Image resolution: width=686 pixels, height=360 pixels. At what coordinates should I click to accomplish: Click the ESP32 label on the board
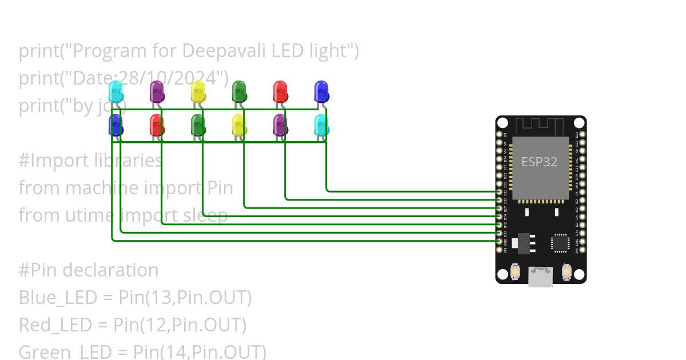(539, 162)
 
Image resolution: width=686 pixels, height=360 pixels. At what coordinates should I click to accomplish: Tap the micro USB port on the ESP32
(540, 278)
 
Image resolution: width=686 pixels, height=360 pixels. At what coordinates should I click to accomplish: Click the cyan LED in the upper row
(115, 92)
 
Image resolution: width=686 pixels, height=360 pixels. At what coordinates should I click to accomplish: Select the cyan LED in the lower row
(321, 125)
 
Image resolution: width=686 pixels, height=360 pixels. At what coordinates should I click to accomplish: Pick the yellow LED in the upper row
(198, 92)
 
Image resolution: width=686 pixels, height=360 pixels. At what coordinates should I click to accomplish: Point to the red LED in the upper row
(280, 92)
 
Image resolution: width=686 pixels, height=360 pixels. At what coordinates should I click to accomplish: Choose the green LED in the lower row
(198, 125)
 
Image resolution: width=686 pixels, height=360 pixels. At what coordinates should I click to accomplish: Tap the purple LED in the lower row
(280, 125)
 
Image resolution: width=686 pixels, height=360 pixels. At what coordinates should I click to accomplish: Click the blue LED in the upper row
(321, 92)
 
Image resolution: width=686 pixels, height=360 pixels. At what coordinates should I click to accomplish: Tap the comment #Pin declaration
(89, 270)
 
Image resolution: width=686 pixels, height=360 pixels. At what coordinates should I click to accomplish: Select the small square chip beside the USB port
(560, 243)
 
